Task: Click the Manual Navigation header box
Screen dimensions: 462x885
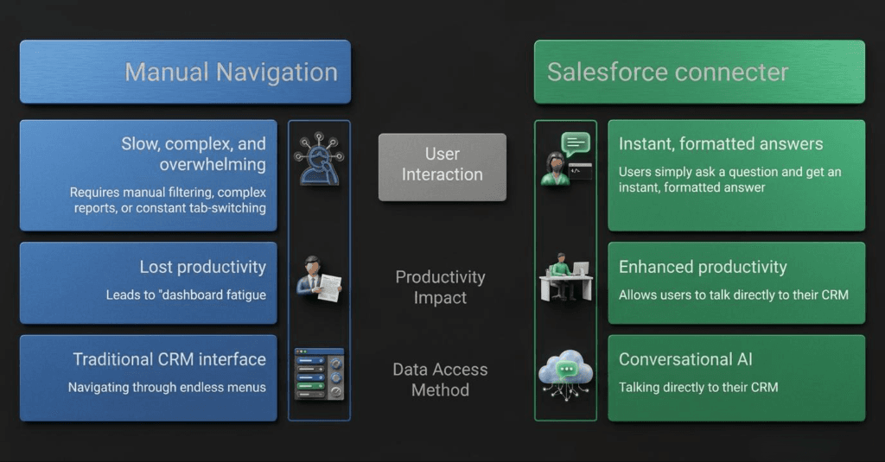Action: pyautogui.click(x=185, y=72)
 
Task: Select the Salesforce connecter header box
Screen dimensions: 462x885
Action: pyautogui.click(x=699, y=72)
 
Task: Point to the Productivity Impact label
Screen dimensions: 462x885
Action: pyautogui.click(x=440, y=288)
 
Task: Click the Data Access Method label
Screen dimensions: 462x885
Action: pyautogui.click(x=440, y=380)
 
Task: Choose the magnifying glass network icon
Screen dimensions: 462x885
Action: pyautogui.click(x=319, y=160)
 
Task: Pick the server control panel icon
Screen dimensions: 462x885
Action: pyautogui.click(x=319, y=373)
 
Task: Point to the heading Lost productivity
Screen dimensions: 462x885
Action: pyautogui.click(x=202, y=268)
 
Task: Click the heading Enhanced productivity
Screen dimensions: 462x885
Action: pyautogui.click(x=703, y=268)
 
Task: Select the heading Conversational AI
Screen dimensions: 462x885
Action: pyautogui.click(x=689, y=359)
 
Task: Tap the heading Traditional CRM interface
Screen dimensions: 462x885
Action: pyautogui.click(x=169, y=359)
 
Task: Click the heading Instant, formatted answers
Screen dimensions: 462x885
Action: pyautogui.click(x=721, y=144)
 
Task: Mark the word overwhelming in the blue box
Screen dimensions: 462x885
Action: pyautogui.click(x=213, y=164)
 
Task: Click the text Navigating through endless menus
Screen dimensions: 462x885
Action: pyautogui.click(x=167, y=388)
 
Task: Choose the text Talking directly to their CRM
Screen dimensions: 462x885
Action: pyautogui.click(x=698, y=388)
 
